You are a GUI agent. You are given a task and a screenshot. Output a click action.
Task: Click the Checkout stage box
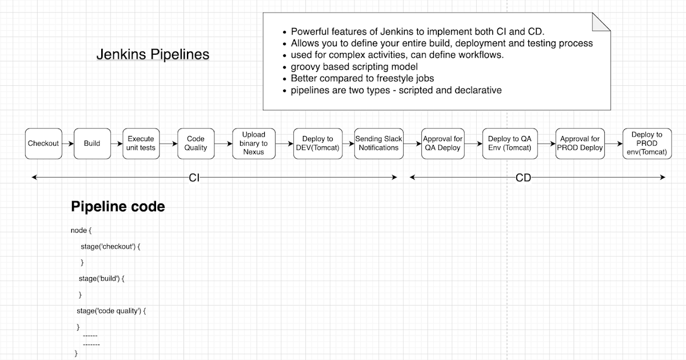[43, 143]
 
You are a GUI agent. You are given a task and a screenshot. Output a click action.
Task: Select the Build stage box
[92, 143]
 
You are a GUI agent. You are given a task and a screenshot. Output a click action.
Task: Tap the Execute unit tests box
[141, 143]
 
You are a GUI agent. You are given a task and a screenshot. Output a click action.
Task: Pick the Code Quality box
[196, 143]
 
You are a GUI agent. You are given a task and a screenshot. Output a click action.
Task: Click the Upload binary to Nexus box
[254, 143]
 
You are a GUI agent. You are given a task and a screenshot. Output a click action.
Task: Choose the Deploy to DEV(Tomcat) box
[317, 143]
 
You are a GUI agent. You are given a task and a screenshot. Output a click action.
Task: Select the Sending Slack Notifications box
[378, 143]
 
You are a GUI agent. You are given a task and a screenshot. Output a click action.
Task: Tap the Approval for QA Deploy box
[442, 143]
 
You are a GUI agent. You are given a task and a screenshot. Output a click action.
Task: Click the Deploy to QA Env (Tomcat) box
[506, 143]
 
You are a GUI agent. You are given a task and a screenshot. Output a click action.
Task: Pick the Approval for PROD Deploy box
[580, 143]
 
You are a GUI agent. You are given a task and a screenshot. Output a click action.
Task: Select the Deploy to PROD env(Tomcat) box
[647, 143]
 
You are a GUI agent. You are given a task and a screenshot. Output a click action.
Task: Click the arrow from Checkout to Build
[67, 143]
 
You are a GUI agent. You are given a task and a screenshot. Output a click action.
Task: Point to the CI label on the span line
[194, 178]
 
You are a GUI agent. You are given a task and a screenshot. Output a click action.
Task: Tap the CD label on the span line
[523, 178]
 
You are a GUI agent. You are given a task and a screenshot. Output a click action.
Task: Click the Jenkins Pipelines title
[153, 55]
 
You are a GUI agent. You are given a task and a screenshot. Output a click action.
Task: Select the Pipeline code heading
[118, 207]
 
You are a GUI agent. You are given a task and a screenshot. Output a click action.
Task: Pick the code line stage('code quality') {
[111, 311]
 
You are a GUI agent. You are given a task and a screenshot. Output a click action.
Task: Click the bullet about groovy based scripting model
[354, 67]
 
